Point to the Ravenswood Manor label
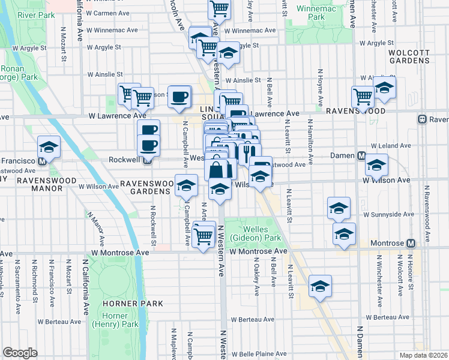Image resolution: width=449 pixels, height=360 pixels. pos(39,184)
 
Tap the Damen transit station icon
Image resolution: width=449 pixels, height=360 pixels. pos(361,155)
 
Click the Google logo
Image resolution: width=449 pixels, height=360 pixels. pos(20,353)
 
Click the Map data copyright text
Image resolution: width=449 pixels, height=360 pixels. pos(424,355)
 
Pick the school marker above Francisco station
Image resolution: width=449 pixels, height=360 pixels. pos(49,146)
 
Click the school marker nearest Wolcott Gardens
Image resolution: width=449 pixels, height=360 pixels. pos(384,86)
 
